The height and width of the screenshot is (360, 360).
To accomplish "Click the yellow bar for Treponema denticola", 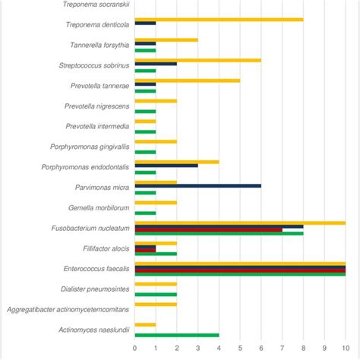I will coord(219,19).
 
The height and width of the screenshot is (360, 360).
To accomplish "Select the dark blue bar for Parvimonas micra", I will coord(197,185).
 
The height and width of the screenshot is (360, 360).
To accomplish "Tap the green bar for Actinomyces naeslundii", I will coord(177,335).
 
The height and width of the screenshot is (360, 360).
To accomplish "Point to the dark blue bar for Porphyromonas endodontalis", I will coord(166,165).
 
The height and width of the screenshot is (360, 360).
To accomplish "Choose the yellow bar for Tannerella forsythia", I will coord(166,39).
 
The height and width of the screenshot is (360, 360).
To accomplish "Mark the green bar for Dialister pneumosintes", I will coord(156,293).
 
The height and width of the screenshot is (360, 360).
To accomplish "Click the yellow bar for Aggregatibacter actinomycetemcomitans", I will coord(156,304).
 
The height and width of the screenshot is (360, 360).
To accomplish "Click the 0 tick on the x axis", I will coord(135,349).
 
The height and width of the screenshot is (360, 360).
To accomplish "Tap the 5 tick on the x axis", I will coord(240,349).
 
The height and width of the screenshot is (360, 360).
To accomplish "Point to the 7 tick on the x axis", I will coord(282,349).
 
